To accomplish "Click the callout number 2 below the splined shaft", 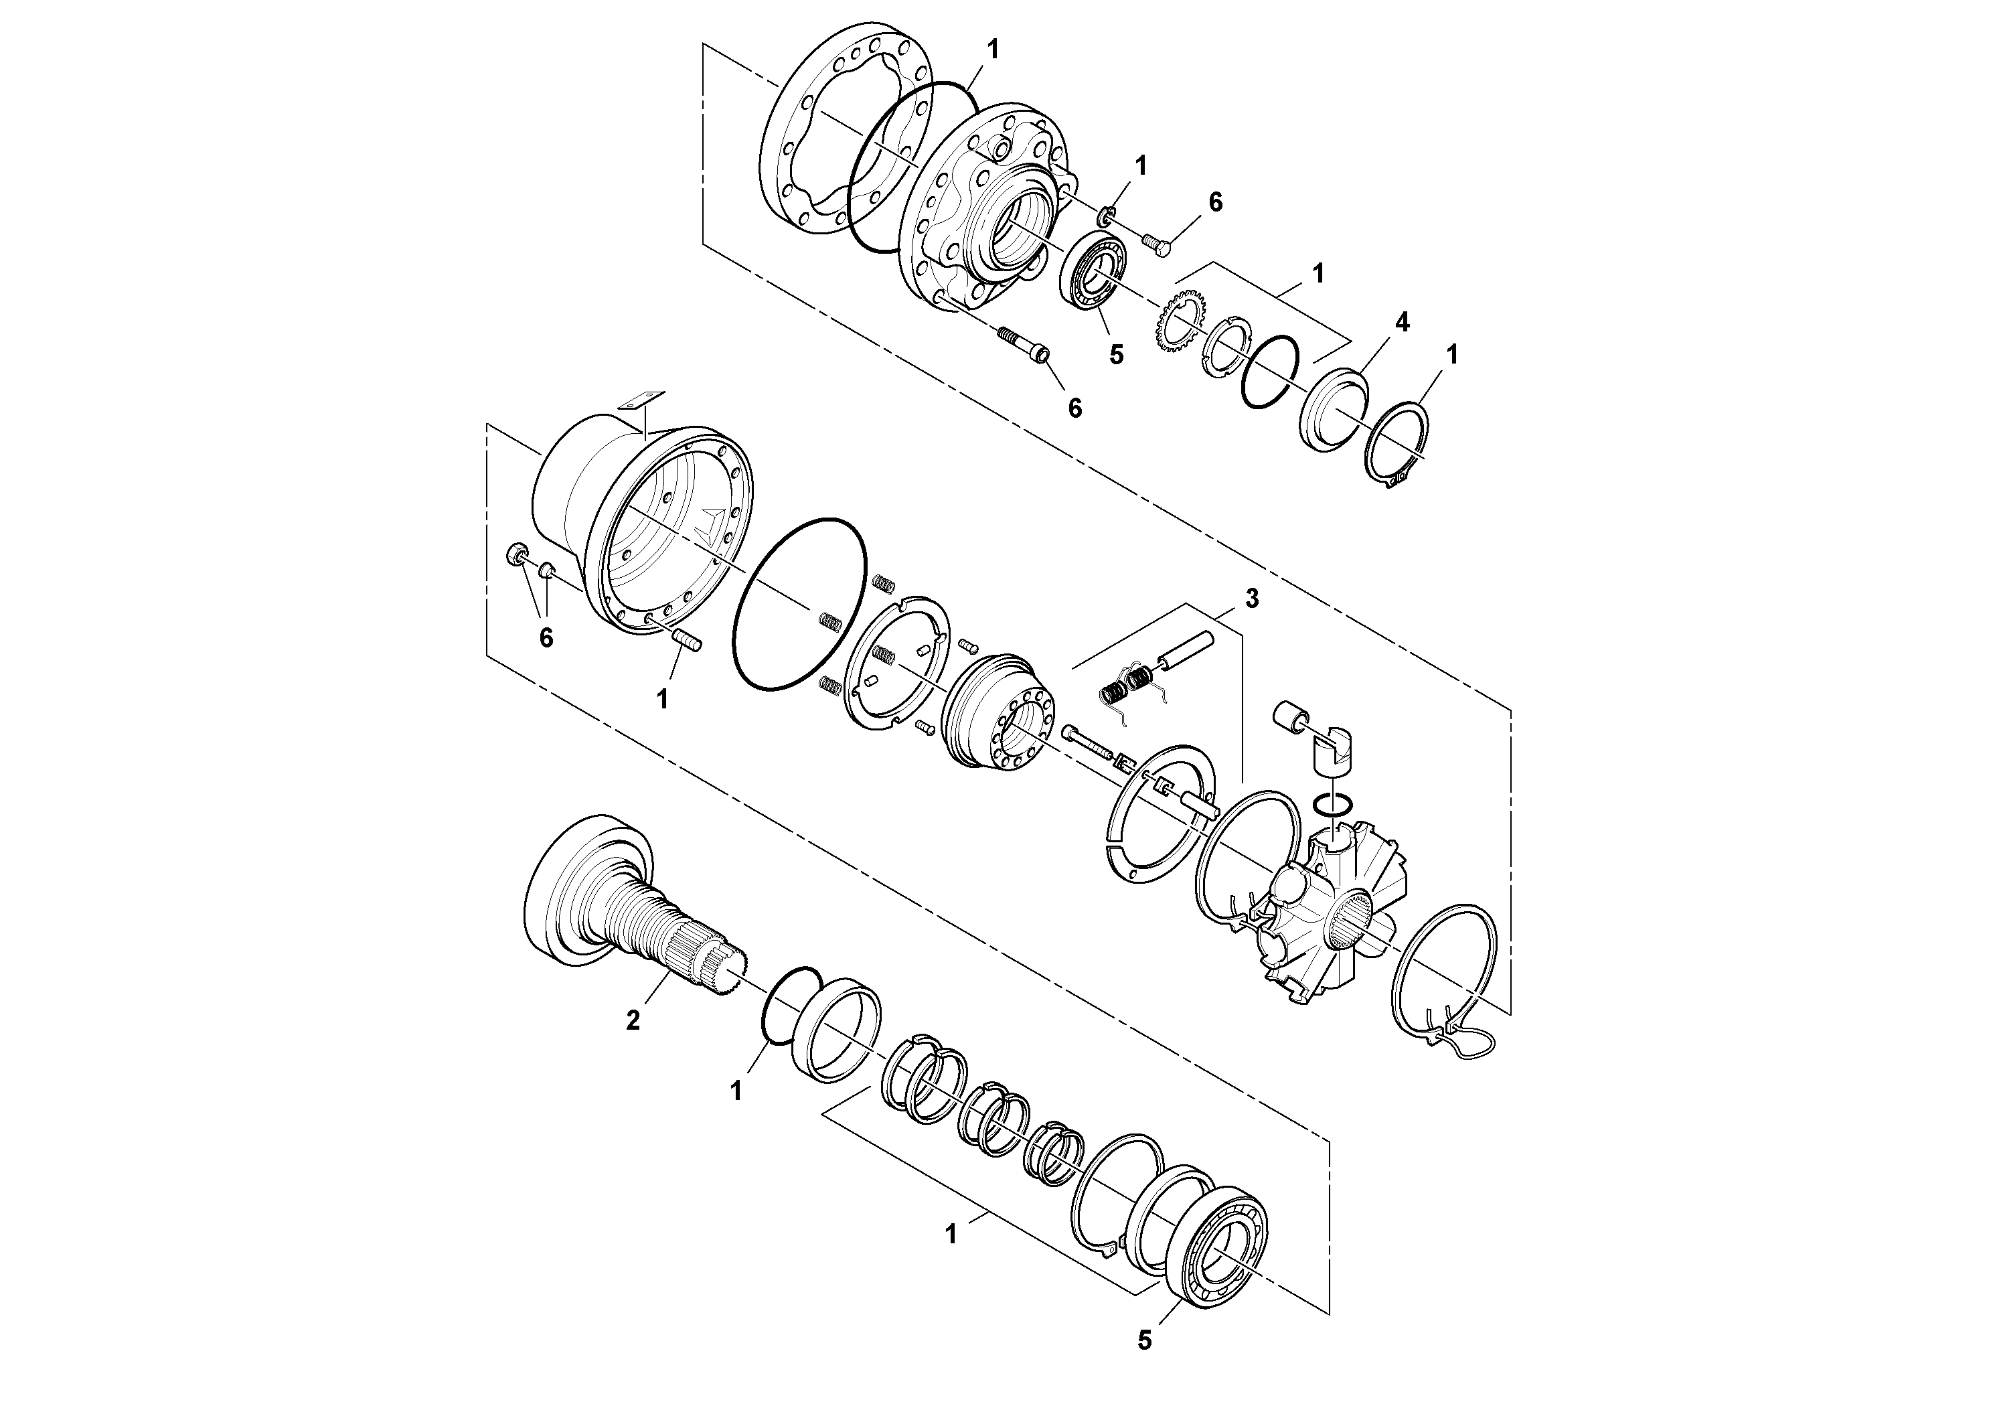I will tap(633, 1021).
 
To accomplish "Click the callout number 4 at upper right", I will tap(1402, 323).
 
